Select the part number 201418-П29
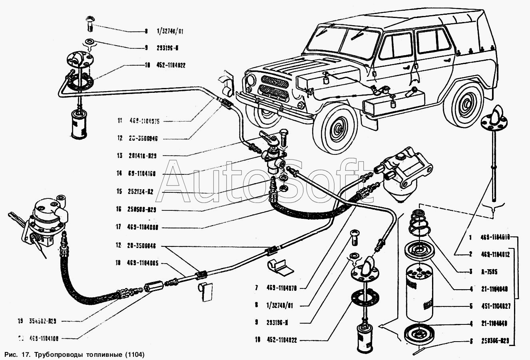click(x=141, y=156)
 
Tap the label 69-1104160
click(x=142, y=174)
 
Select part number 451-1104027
click(x=496, y=307)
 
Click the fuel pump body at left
click(x=46, y=218)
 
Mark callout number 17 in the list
click(x=118, y=227)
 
